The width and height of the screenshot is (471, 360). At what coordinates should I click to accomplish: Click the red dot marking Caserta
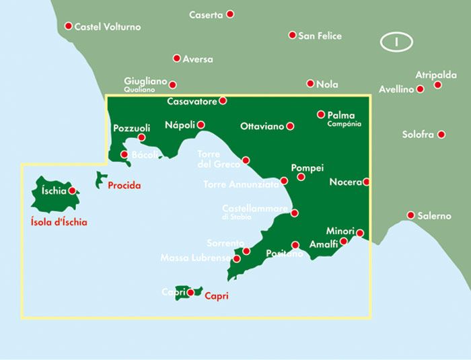230,14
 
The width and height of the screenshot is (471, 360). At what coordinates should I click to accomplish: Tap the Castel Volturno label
108,27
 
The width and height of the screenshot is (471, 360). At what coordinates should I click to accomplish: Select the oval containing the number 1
396,42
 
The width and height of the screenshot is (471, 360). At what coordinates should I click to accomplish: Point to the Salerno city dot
410,215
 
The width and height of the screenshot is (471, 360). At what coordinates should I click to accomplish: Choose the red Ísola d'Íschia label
59,222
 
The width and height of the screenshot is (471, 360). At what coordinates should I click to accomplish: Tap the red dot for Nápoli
201,124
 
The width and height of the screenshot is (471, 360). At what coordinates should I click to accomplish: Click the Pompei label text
307,168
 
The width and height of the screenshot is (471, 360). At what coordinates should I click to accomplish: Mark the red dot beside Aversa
177,59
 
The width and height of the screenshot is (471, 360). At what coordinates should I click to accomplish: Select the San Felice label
320,36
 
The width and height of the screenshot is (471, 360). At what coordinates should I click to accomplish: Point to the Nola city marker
310,84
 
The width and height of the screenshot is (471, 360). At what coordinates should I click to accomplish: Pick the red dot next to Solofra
441,135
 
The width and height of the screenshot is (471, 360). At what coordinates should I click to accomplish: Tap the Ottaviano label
262,126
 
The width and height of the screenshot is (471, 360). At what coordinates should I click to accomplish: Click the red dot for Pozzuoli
141,138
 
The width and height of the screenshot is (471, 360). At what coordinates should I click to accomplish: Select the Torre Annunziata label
241,184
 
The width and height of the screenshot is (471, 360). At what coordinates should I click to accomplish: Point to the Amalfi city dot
344,241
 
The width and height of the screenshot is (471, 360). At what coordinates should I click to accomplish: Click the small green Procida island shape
101,180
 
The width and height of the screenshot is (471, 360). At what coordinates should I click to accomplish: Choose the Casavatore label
192,102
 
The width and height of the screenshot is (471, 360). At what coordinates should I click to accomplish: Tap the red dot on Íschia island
72,190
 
